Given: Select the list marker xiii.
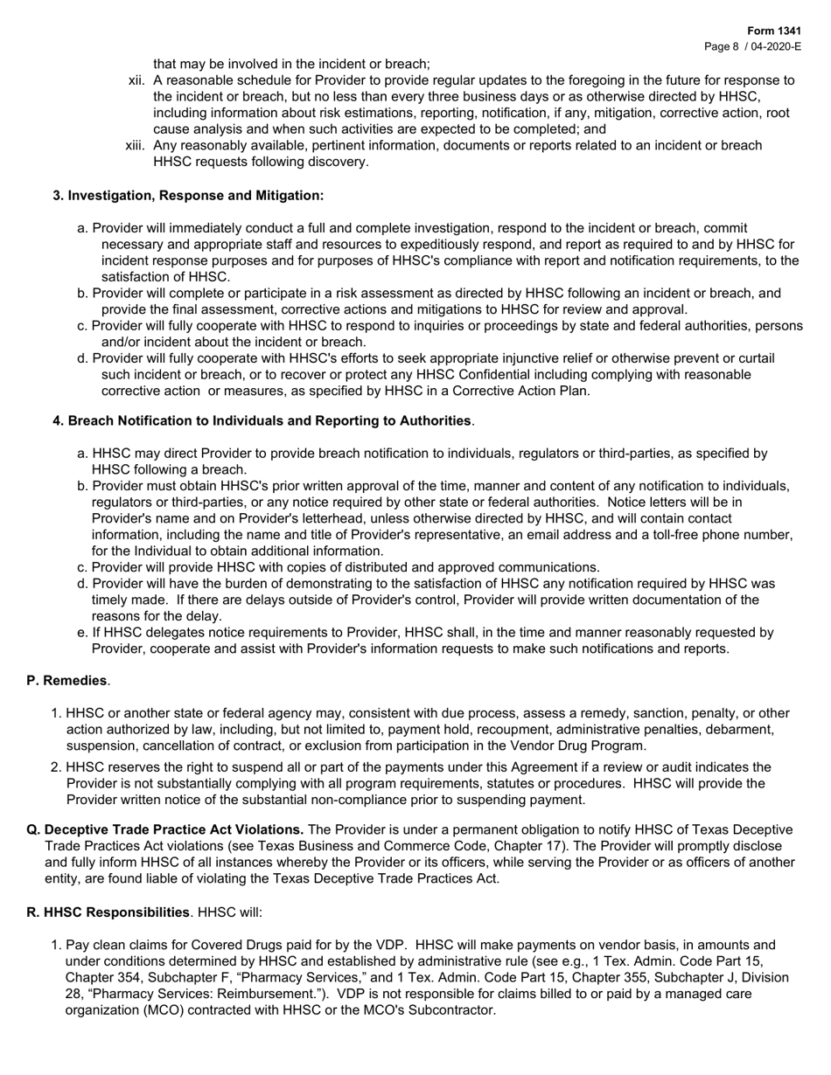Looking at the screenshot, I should pyautogui.click(x=136, y=145).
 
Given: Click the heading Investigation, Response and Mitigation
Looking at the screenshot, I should pyautogui.click(x=195, y=195).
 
